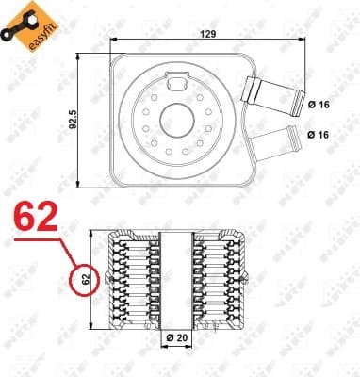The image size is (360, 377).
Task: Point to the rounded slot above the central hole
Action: [x=176, y=88]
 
